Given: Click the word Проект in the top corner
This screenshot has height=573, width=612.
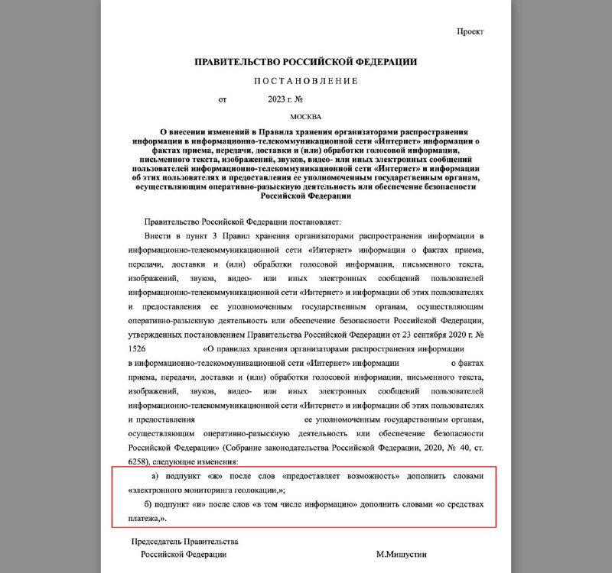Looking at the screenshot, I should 470,31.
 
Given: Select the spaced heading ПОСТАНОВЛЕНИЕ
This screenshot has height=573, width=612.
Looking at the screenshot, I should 305,80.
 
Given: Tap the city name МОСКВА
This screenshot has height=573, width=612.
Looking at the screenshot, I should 305,117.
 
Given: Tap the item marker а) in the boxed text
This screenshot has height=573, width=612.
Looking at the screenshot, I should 150,477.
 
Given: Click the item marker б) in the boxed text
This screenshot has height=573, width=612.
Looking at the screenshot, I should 150,506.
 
